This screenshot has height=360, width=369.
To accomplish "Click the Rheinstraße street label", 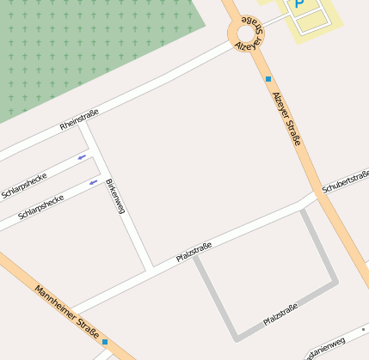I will [x=79, y=119].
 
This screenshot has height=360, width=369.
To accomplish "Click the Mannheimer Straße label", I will [x=67, y=313].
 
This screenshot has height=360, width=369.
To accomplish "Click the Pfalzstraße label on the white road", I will [x=194, y=253].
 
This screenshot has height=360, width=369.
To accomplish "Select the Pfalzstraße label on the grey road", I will [x=280, y=314].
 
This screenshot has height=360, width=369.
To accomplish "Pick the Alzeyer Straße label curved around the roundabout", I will [x=249, y=33].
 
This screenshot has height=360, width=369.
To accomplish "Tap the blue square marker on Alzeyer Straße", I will [x=268, y=79].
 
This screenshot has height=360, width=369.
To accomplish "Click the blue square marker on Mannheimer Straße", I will [x=105, y=342].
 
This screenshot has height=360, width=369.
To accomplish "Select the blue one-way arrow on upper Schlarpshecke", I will [x=82, y=157].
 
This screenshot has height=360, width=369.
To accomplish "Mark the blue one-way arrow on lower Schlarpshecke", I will [x=94, y=182].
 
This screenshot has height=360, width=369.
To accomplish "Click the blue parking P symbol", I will [x=298, y=4].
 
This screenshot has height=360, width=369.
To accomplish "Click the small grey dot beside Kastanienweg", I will [x=364, y=328].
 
